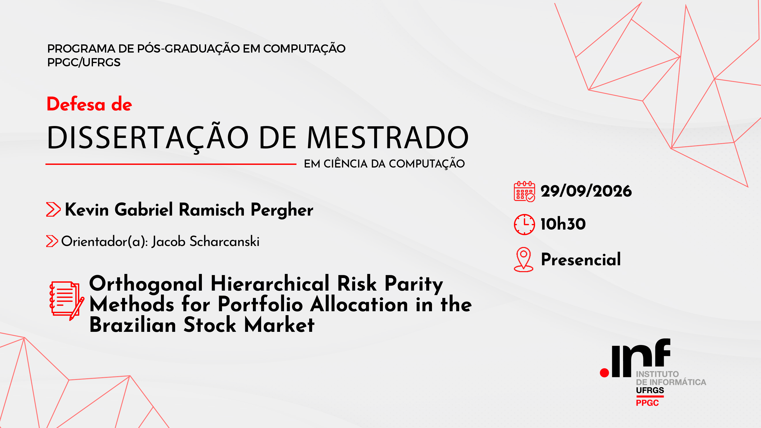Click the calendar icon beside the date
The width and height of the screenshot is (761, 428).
524,191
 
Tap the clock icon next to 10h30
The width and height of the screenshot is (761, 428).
524,225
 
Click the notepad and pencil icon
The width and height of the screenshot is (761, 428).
67,301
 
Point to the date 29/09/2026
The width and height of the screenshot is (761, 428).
586,191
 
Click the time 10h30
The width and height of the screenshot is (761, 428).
563,224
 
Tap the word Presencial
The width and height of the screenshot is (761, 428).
581,259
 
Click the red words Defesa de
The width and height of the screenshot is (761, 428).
89,104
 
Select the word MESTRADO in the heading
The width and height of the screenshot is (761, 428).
388,138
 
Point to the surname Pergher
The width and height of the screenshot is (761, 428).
282,210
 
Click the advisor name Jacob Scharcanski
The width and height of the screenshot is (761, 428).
206,241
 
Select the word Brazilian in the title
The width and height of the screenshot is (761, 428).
133,325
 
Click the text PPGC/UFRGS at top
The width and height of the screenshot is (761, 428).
84,62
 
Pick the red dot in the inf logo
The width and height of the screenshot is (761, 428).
604,373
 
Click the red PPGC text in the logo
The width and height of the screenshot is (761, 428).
647,403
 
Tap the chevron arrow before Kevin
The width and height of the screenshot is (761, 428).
53,210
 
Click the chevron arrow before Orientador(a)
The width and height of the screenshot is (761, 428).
52,241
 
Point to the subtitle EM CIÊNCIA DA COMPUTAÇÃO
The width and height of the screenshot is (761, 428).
384,164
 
